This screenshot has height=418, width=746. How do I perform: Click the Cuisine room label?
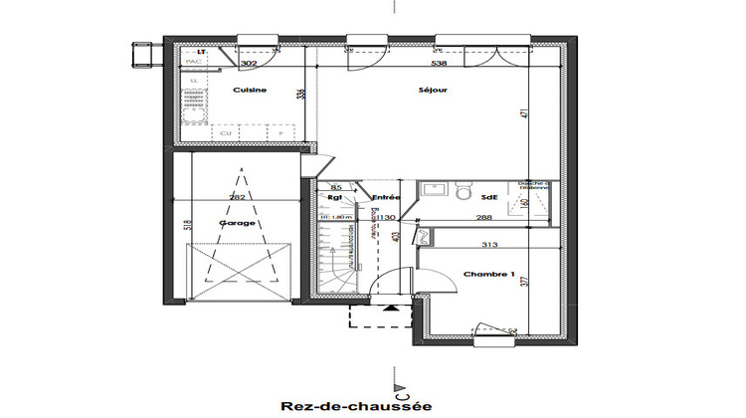(x=248, y=91)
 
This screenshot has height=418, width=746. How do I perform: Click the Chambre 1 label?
(x=487, y=275)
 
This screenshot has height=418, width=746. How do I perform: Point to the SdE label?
(x=491, y=197)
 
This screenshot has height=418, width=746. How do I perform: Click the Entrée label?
(x=386, y=197)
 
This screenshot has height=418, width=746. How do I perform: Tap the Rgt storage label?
(x=335, y=197)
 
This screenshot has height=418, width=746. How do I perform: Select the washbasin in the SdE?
(x=433, y=187)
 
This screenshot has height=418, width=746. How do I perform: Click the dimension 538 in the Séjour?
(x=439, y=63)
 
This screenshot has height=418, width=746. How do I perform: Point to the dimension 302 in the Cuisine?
(x=250, y=63)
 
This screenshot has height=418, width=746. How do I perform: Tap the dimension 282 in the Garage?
(x=237, y=198)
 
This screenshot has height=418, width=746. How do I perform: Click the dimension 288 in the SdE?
(x=484, y=216)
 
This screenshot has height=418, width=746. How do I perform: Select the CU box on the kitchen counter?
(x=226, y=132)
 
